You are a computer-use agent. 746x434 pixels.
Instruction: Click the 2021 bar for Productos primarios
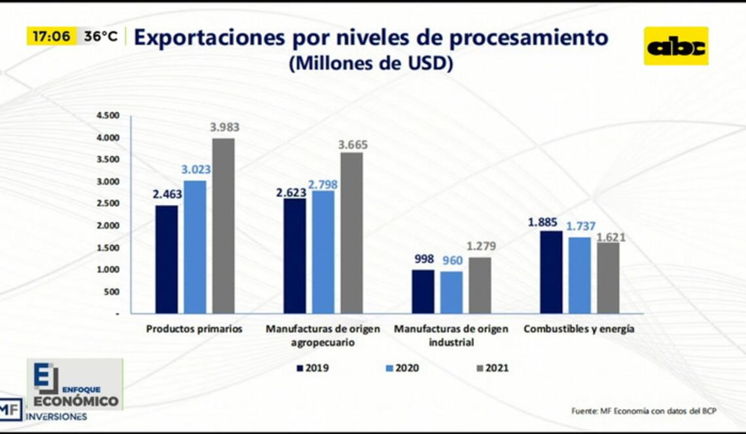223,226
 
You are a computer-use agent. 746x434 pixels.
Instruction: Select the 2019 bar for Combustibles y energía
551,272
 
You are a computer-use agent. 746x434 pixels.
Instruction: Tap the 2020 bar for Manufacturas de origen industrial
451,292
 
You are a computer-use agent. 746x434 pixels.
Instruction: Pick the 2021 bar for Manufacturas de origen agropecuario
351,233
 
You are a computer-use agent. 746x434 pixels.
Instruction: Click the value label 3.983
224,128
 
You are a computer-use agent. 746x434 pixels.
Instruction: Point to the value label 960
452,261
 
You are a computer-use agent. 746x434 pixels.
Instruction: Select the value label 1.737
580,226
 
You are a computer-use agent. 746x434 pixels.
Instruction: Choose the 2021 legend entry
491,368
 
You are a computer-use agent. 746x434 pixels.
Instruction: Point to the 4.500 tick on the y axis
108,116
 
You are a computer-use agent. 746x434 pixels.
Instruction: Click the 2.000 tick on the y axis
108,226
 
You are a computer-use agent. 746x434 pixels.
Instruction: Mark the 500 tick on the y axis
112,292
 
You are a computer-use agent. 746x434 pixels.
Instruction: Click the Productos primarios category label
194,329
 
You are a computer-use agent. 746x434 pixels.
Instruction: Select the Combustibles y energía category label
578,329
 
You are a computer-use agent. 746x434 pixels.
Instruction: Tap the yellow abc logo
675,46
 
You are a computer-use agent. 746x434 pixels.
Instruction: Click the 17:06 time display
51,37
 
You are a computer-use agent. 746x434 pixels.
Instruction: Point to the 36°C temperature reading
101,37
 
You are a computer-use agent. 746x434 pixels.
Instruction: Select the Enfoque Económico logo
75,384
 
